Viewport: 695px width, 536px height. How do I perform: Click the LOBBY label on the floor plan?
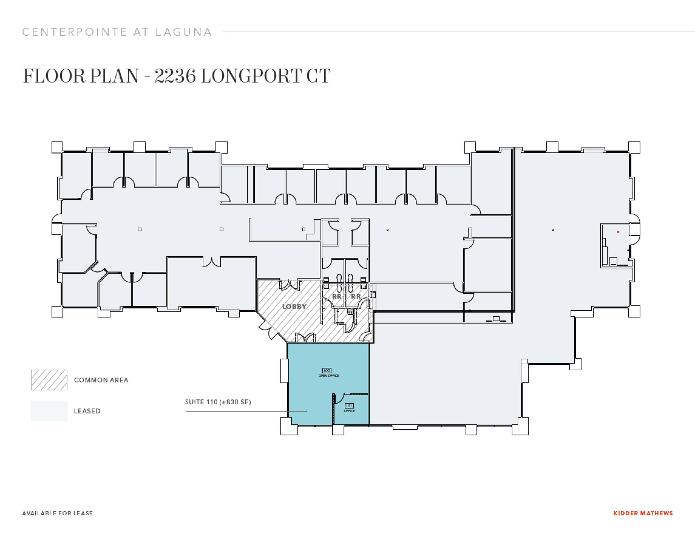[x=294, y=306]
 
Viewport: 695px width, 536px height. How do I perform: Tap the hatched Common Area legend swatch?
[x=49, y=380]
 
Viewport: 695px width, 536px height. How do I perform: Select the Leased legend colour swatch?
[x=49, y=411]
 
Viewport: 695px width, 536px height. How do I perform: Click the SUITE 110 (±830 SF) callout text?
[x=218, y=402]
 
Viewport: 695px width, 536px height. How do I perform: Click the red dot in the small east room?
[x=618, y=232]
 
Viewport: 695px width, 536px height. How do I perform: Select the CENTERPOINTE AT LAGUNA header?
[x=117, y=32]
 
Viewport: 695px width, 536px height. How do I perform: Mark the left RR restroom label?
[x=337, y=296]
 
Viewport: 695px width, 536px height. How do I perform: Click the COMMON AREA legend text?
[x=101, y=380]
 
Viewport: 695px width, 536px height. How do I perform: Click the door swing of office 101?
[x=339, y=398]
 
